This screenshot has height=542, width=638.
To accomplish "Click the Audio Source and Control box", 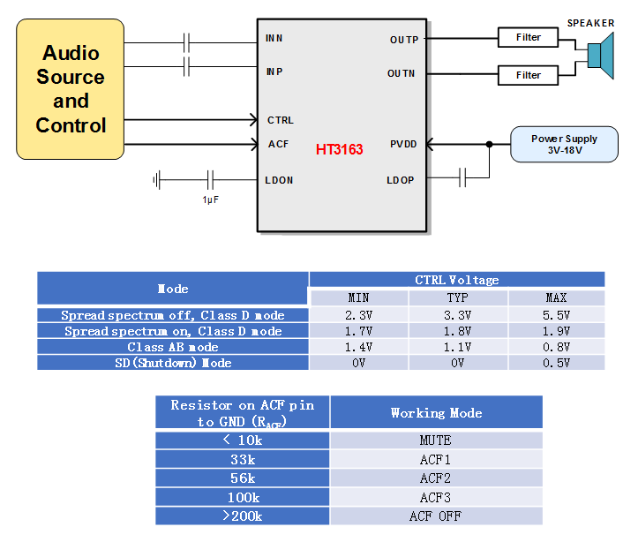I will [71, 89].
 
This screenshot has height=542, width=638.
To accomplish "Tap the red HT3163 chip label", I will [339, 150].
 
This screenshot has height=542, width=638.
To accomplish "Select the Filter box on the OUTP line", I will [528, 38].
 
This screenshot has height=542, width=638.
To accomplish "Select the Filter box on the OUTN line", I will [528, 75].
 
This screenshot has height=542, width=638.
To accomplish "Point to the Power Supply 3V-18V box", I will [564, 145].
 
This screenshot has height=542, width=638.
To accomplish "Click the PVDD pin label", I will [402, 144].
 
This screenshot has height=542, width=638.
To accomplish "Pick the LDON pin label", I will [279, 180].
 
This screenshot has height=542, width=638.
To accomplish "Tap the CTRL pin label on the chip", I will [280, 120].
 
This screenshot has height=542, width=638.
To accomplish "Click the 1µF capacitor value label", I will [210, 199].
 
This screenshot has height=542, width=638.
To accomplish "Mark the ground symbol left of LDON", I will [157, 180].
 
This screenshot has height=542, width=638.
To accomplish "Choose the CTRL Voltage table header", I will [456, 280].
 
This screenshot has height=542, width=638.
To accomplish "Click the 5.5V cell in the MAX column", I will [556, 315].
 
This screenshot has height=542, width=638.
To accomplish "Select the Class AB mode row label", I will [173, 347].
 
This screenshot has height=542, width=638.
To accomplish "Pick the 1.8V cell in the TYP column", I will [458, 331].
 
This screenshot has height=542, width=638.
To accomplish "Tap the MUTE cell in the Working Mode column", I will [436, 440].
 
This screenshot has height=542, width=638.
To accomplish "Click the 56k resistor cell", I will [243, 478].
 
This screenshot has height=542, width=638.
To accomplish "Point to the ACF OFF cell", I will [436, 516].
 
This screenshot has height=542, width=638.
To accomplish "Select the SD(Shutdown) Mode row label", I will [173, 363].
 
